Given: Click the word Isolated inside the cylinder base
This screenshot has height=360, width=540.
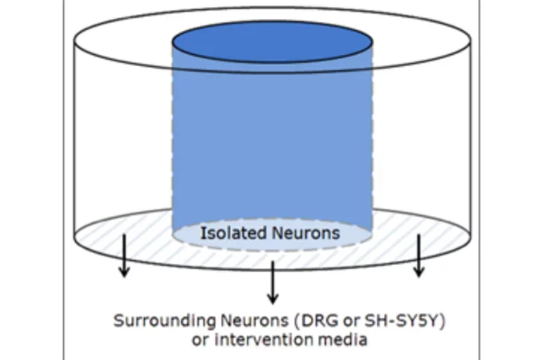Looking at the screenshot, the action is pos(234,233).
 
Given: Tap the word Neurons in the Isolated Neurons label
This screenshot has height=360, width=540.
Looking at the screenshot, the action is pos(306,233).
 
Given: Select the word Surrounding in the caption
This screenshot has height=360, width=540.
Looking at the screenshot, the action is pos(165,321).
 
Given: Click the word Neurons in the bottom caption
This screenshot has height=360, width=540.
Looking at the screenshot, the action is pos(255,321).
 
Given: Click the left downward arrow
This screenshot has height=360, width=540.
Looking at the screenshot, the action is pos(124,256).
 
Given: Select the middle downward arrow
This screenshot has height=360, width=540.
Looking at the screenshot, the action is pos(273,283).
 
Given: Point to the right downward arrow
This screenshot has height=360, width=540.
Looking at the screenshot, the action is pos(418,256).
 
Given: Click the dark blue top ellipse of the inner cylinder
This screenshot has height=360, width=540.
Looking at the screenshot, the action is pos(272,41).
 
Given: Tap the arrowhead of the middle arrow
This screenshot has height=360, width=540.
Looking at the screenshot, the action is pos(273,299).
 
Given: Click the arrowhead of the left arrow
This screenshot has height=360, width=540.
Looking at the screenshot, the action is pos(124,272).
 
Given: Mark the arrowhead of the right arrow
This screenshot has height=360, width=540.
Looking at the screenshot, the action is pos(418,272).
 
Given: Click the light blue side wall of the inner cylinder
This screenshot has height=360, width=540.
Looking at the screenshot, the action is pos(272,145).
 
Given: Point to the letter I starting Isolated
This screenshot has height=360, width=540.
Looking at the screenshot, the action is pos(202,233).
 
